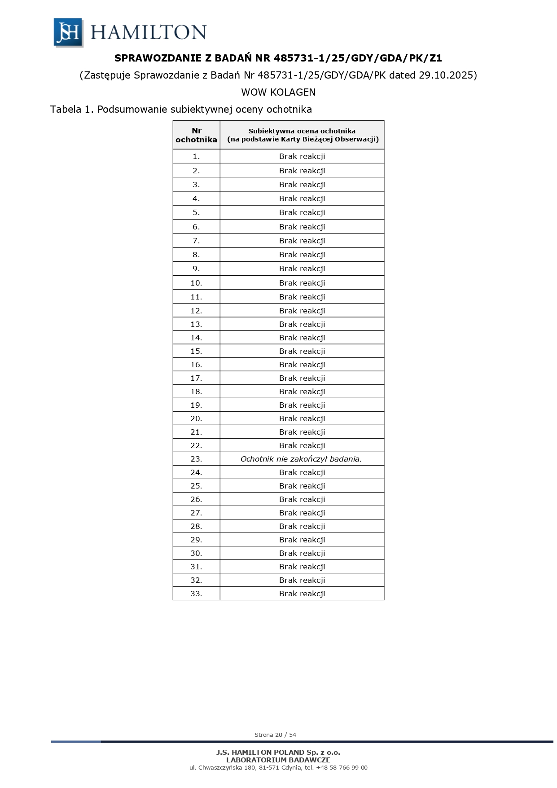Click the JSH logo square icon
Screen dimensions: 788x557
[x=68, y=32]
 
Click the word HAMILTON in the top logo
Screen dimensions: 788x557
[x=148, y=32]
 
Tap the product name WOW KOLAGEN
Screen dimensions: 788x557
[x=278, y=92]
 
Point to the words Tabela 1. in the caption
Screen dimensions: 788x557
[x=72, y=109]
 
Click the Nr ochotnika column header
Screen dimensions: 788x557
[x=196, y=135]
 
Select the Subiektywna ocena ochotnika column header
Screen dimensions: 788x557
[x=302, y=135]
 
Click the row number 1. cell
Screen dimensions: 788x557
[x=196, y=156]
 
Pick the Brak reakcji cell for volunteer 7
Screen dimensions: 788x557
[x=302, y=241]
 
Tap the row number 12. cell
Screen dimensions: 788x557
[x=196, y=311]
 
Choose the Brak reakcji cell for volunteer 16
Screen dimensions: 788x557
[x=302, y=365]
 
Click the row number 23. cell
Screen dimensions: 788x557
[x=196, y=459]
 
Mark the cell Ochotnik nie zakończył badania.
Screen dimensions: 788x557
[x=301, y=459]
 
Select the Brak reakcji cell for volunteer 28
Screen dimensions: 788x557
[x=302, y=526]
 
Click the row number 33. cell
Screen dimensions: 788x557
[x=196, y=594]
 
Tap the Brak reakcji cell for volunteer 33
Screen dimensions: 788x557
[x=302, y=594]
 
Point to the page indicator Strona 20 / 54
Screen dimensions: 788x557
[x=275, y=735]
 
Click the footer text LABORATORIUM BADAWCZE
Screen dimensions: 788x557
[x=278, y=760]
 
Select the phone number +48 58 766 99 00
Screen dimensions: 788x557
[x=342, y=767]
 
